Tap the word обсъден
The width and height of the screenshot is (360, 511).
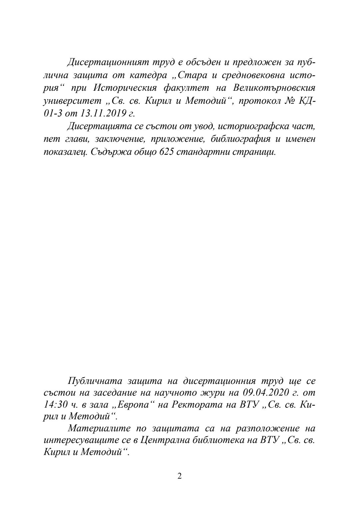[200, 62]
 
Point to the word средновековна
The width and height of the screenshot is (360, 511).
[251, 75]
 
